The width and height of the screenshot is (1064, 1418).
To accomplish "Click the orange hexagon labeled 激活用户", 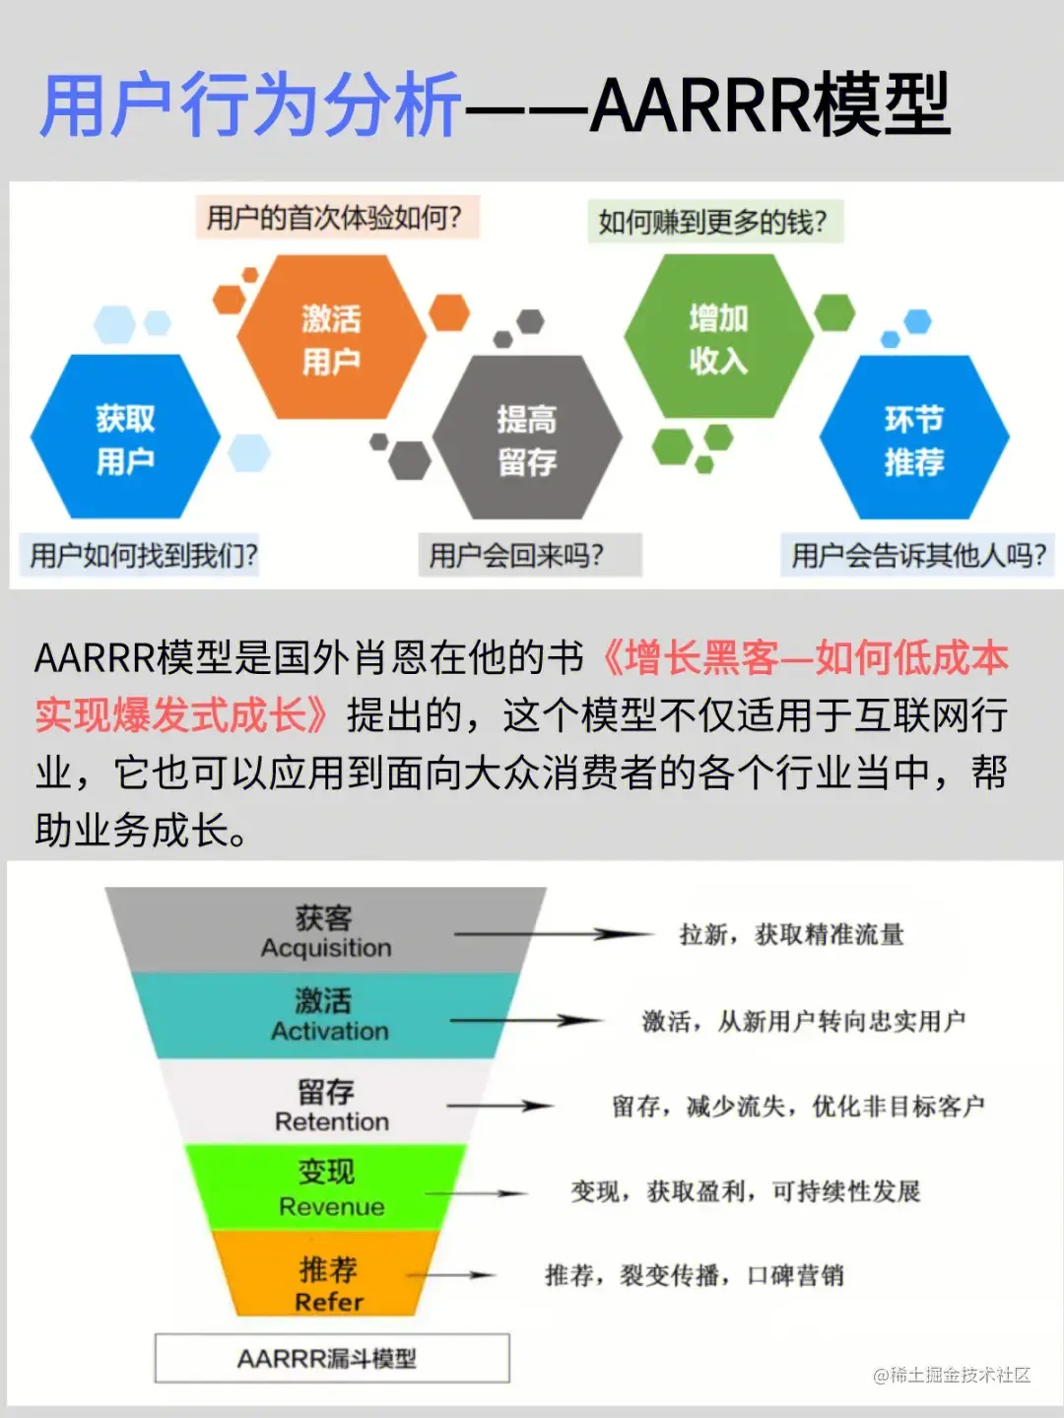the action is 331,338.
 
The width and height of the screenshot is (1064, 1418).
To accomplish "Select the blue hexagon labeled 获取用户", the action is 125,438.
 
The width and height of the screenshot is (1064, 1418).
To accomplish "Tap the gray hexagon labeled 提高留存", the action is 527,439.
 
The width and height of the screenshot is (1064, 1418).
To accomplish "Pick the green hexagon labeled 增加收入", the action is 718,338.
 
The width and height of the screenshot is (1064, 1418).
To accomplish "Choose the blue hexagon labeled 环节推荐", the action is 913,439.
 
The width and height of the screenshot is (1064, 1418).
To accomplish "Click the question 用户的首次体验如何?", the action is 334,218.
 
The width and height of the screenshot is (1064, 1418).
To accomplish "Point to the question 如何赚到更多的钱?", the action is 713,222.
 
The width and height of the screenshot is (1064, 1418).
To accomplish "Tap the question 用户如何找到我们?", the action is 143,556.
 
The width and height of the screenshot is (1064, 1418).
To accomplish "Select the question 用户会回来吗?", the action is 517,556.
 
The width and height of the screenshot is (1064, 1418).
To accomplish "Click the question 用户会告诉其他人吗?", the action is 918,556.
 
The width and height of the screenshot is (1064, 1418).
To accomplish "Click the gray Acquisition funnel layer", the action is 325,931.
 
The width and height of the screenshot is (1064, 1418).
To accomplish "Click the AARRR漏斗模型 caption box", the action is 332,1359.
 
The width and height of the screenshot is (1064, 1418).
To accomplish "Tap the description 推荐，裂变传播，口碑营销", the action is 695,1276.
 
